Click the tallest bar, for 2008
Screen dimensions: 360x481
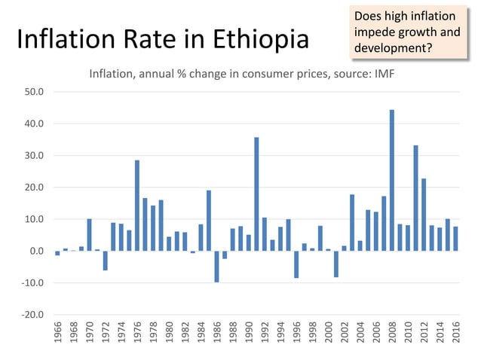tap(392, 180)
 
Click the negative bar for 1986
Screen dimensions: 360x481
tap(216, 267)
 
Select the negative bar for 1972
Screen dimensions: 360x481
tap(106, 261)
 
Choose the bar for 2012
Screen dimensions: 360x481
tap(424, 215)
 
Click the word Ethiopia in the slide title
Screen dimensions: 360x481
tap(258, 40)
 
